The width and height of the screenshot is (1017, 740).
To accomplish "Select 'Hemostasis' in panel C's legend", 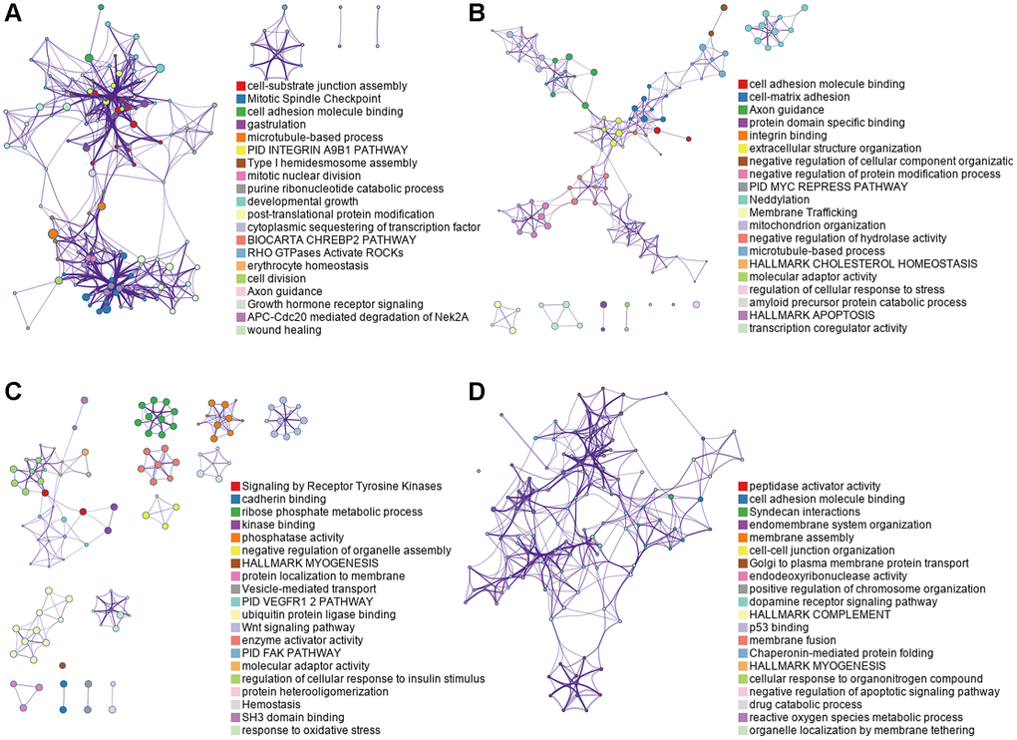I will tap(277, 703).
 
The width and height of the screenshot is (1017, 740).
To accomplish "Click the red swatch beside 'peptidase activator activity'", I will tap(742, 486).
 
